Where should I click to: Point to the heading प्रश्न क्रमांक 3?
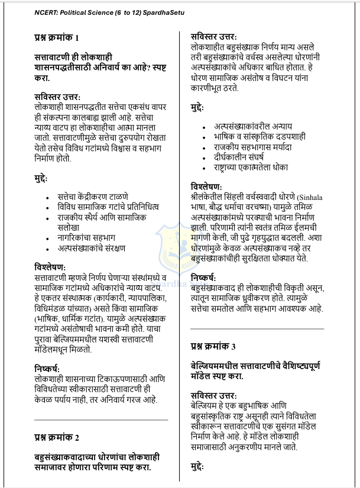(x=213, y=345)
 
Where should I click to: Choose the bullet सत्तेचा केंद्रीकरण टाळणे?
(x=93, y=196)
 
